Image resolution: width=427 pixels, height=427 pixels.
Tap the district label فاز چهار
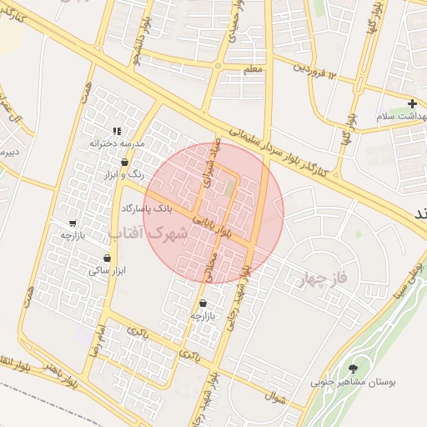[x=327, y=279]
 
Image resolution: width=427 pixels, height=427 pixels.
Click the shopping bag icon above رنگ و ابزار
[x=124, y=162]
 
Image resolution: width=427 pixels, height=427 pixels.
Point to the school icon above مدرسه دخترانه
[x=118, y=131]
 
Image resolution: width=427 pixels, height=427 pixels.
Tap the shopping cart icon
[x=73, y=224]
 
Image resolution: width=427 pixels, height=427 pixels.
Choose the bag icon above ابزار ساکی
[x=108, y=258]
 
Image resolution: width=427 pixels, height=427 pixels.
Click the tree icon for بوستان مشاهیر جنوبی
[x=354, y=368]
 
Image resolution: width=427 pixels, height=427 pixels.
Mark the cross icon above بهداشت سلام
[x=412, y=104]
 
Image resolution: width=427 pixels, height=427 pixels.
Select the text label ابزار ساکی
[x=107, y=271]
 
